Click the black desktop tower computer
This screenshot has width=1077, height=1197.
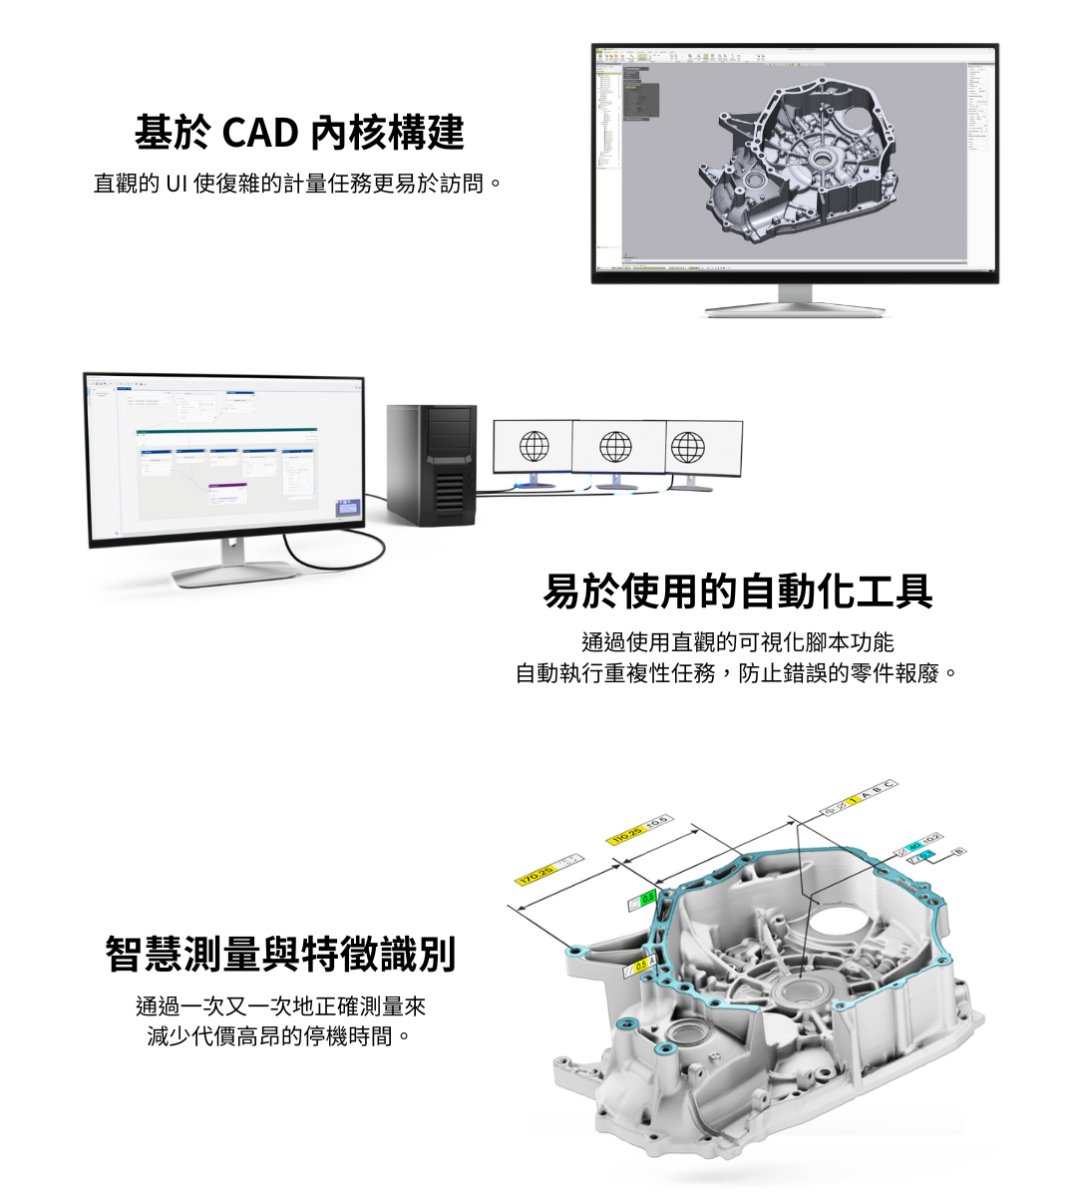coord(431,464)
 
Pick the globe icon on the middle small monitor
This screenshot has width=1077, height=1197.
coord(615,447)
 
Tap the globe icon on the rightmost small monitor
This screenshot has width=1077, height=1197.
coord(688,448)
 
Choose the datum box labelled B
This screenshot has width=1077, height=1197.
coord(959,851)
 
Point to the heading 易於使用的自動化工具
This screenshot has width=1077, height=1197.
coord(737,592)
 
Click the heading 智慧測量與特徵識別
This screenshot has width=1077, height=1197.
coord(280,954)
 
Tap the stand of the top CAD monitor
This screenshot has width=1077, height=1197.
coord(795,301)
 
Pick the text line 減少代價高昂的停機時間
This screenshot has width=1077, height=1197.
coord(279,1036)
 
